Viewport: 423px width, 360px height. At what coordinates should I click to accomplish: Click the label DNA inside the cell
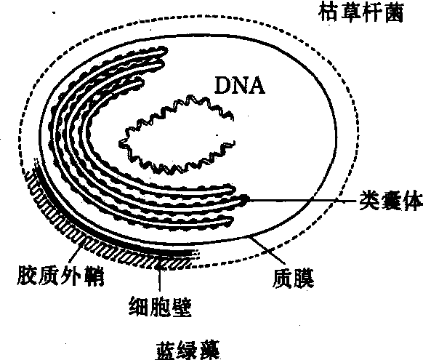[x=239, y=85]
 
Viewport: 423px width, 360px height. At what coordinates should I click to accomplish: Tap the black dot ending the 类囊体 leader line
[x=245, y=199]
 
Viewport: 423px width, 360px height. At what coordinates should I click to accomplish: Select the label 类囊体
[x=390, y=201]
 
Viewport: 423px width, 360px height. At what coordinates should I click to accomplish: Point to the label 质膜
[x=293, y=279]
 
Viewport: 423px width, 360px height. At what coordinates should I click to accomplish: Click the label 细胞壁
[x=160, y=307]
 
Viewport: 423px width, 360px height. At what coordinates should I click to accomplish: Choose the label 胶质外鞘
[x=60, y=275]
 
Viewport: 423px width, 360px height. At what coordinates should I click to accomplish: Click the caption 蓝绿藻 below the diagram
[x=188, y=351]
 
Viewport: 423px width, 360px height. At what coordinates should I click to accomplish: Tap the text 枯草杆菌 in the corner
[x=361, y=12]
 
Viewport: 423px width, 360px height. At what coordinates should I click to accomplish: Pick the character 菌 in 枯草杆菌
[x=394, y=12]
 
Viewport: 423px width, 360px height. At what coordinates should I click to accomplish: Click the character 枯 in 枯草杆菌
[x=329, y=12]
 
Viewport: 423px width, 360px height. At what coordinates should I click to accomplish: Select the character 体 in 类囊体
[x=412, y=201]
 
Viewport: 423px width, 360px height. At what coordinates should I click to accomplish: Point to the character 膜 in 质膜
[x=304, y=279]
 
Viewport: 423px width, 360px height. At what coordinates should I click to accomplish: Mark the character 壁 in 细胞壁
[x=182, y=307]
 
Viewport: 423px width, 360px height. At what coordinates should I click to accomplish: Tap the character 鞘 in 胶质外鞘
[x=94, y=275]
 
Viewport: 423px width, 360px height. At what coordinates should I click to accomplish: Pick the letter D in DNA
[x=222, y=85]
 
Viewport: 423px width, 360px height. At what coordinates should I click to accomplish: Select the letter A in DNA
[x=257, y=85]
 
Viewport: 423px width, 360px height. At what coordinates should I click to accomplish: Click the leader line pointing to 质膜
[x=267, y=250]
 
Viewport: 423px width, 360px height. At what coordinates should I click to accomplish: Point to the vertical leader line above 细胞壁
[x=160, y=278]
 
